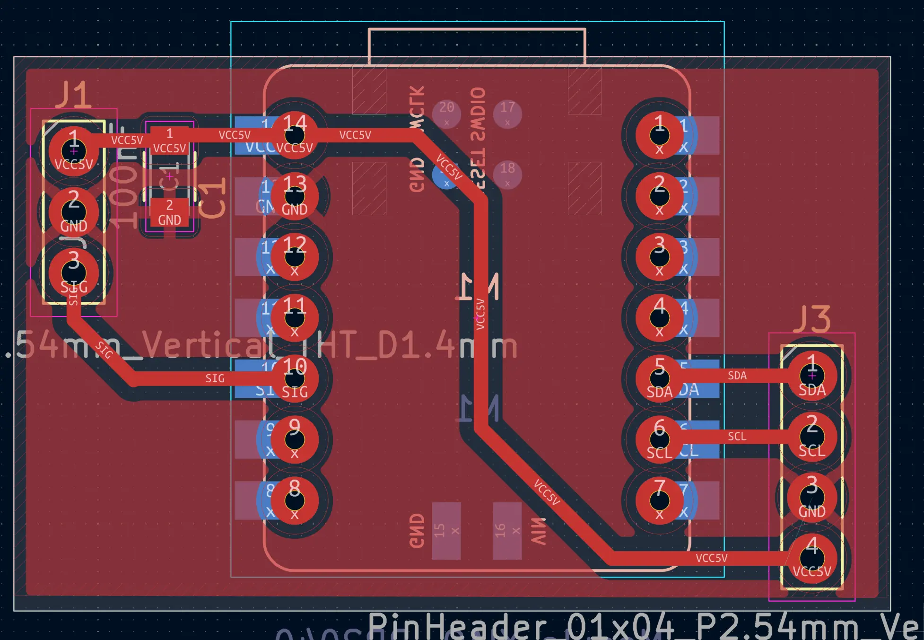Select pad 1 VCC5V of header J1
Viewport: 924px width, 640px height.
[x=74, y=150]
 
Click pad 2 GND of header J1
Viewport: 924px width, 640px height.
[x=74, y=212]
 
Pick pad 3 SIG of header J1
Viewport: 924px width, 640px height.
[x=74, y=273]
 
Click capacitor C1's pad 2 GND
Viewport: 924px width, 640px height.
[x=169, y=212]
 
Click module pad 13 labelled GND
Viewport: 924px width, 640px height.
[x=294, y=196]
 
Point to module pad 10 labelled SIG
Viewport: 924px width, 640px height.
[x=294, y=378]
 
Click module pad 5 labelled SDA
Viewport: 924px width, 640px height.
[x=659, y=378]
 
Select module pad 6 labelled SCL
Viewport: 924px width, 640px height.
[x=659, y=439]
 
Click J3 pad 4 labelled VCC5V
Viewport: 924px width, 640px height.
[x=811, y=559]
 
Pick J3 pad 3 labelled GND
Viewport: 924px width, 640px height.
[x=811, y=498]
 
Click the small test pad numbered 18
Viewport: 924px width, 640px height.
[x=507, y=174]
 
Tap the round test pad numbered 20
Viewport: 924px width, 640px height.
[x=446, y=113]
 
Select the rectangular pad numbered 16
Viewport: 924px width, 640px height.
[x=507, y=531]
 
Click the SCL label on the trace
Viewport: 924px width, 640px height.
[x=737, y=436]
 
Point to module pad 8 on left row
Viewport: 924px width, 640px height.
[x=294, y=500]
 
